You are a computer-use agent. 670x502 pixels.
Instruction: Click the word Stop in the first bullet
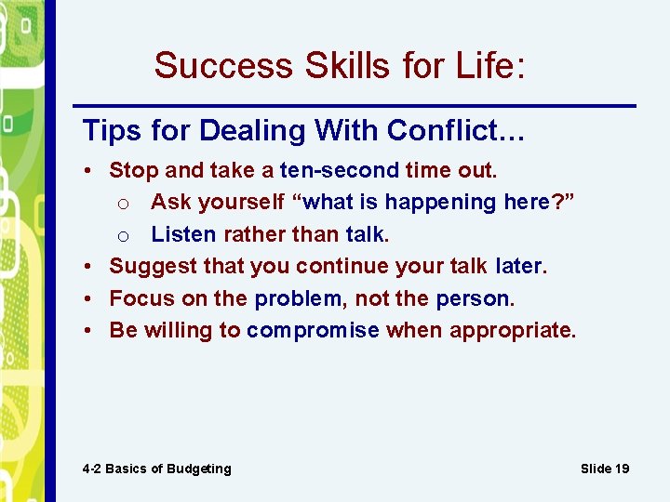click(x=129, y=170)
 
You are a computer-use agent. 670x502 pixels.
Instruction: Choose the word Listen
click(x=183, y=233)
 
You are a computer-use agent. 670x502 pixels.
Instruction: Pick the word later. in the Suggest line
click(x=522, y=266)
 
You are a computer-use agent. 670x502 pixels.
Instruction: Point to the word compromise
click(x=313, y=330)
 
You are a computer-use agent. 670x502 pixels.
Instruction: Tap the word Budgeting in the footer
click(x=199, y=469)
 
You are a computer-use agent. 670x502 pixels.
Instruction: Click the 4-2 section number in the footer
click(x=91, y=469)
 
